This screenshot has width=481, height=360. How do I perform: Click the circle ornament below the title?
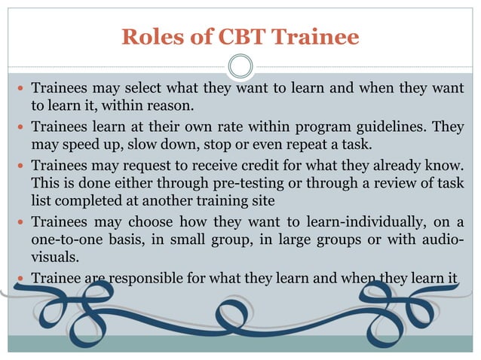point(240,67)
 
